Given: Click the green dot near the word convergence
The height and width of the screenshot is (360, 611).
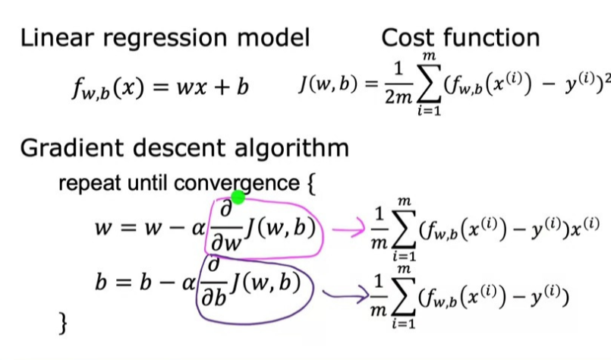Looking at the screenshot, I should coord(238,197).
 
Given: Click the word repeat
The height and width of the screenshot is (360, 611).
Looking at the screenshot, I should coord(84,183).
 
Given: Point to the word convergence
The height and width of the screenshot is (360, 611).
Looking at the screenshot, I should coord(236,183).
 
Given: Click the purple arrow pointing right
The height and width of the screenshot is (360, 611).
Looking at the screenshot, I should coord(342,291).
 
